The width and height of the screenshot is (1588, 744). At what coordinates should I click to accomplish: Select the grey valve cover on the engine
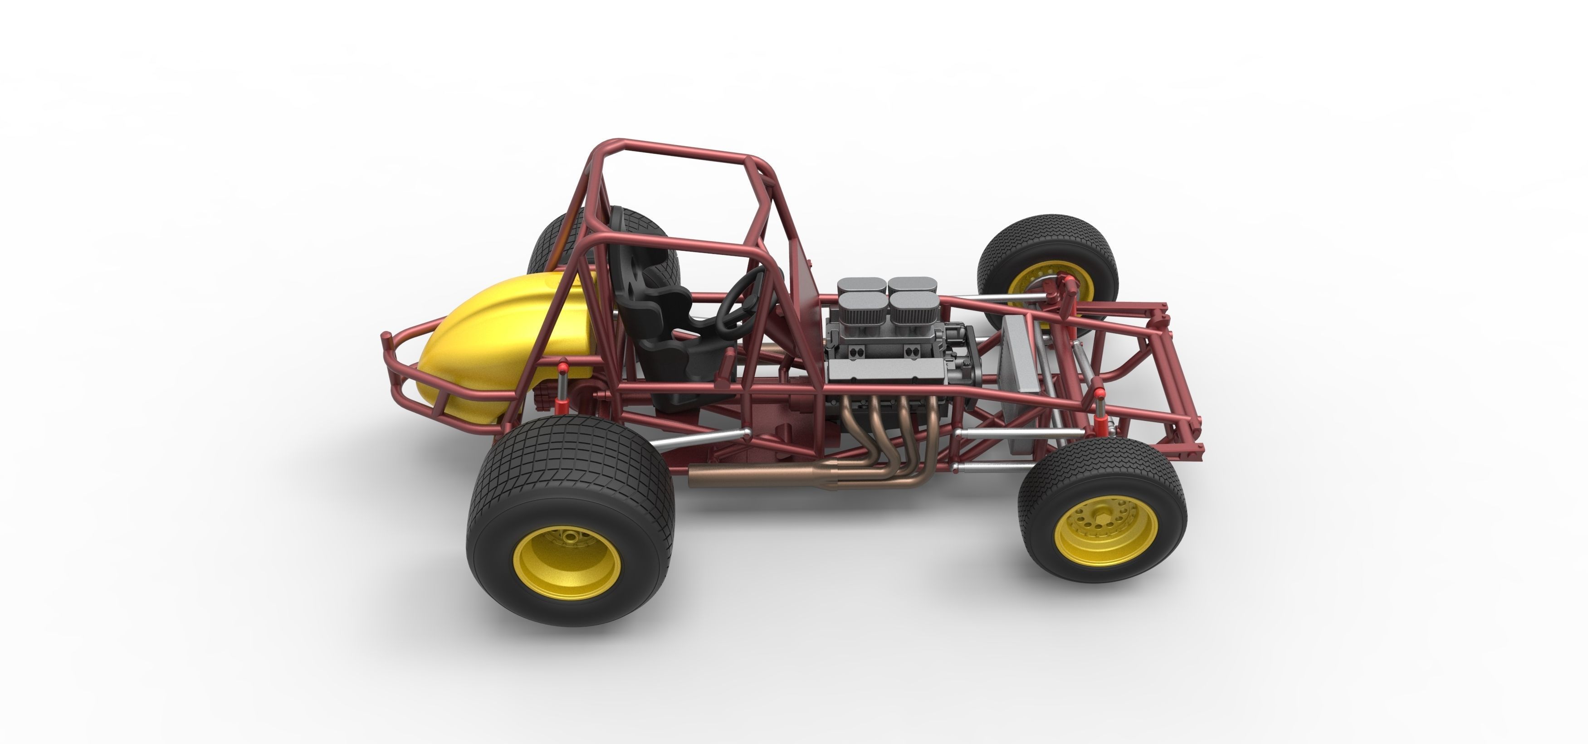click(x=888, y=370)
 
